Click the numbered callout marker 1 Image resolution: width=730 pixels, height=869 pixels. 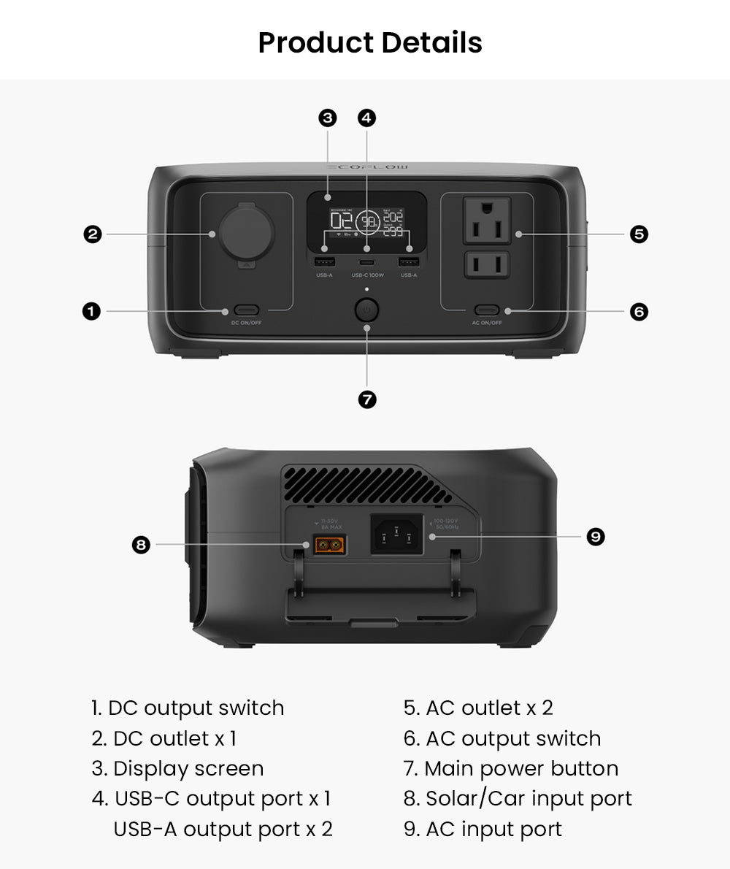[91, 312]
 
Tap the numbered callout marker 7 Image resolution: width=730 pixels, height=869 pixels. [367, 399]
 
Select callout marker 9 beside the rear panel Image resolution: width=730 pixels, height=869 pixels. [596, 537]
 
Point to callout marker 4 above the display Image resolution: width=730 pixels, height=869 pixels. [367, 118]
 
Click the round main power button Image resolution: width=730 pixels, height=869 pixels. [367, 310]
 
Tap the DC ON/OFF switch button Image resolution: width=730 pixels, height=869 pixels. [247, 310]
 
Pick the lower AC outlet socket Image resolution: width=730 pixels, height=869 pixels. [487, 264]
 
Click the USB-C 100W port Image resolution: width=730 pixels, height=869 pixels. [367, 262]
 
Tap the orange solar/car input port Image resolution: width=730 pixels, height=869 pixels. [330, 545]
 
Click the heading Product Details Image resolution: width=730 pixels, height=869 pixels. [370, 43]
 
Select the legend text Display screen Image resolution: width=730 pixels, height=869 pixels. [177, 769]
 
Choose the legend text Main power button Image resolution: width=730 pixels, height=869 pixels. [511, 769]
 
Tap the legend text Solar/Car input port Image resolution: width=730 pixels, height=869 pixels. [518, 799]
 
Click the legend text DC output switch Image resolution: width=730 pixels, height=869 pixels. [188, 708]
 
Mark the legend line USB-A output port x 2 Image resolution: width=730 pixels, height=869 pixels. [223, 830]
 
